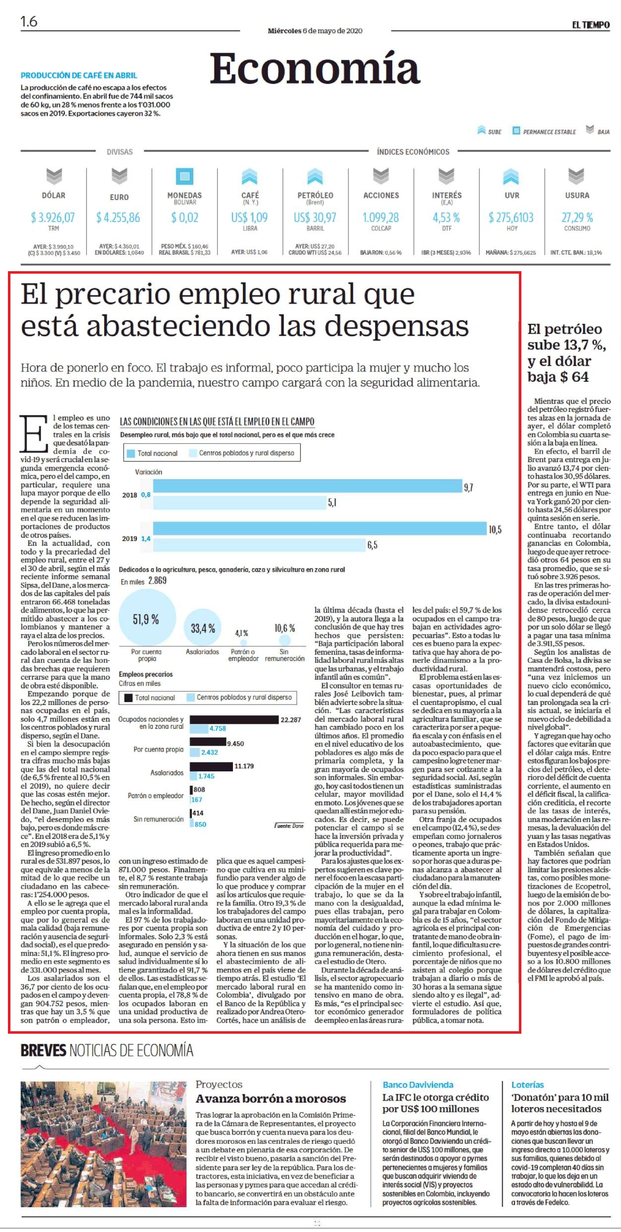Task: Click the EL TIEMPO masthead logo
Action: click(x=591, y=25)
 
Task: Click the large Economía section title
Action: click(x=315, y=69)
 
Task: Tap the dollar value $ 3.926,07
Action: click(x=53, y=217)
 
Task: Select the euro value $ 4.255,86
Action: click(x=118, y=217)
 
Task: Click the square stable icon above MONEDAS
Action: click(x=184, y=176)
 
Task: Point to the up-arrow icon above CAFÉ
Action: click(x=250, y=176)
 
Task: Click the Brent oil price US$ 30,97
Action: click(x=315, y=217)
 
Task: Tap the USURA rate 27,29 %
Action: click(x=577, y=217)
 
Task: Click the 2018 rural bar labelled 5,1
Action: click(x=239, y=503)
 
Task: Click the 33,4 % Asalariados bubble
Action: click(x=203, y=628)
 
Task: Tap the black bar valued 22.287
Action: click(x=234, y=719)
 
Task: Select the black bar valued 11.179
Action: click(x=211, y=766)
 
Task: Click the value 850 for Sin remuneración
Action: click(x=201, y=824)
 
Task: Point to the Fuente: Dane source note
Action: click(x=289, y=826)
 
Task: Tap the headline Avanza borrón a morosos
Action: click(x=271, y=1099)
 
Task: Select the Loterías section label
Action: click(x=527, y=1085)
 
